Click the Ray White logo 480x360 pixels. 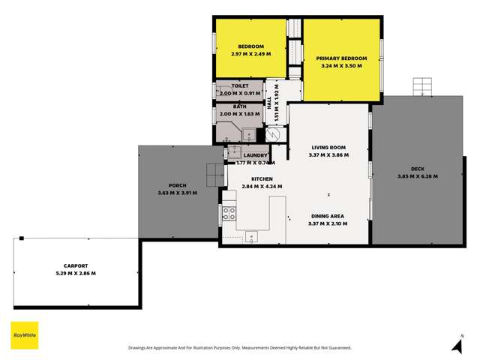pyautogui.click(x=25, y=335)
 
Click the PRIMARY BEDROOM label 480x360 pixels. pyautogui.click(x=341, y=58)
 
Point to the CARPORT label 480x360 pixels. pyautogui.click(x=76, y=265)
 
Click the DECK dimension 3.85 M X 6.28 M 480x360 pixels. pyautogui.click(x=418, y=176)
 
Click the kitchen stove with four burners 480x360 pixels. pyautogui.click(x=229, y=213)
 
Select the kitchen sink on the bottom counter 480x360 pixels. pyautogui.click(x=251, y=237)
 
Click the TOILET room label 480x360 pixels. pyautogui.click(x=239, y=86)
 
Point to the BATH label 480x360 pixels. pyautogui.click(x=239, y=106)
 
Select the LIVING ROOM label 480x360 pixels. pyautogui.click(x=328, y=147)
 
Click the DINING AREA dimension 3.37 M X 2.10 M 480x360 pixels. pyautogui.click(x=328, y=223)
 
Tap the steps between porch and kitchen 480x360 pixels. pyautogui.click(x=215, y=174)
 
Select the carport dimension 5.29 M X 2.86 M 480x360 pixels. pyautogui.click(x=76, y=273)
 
